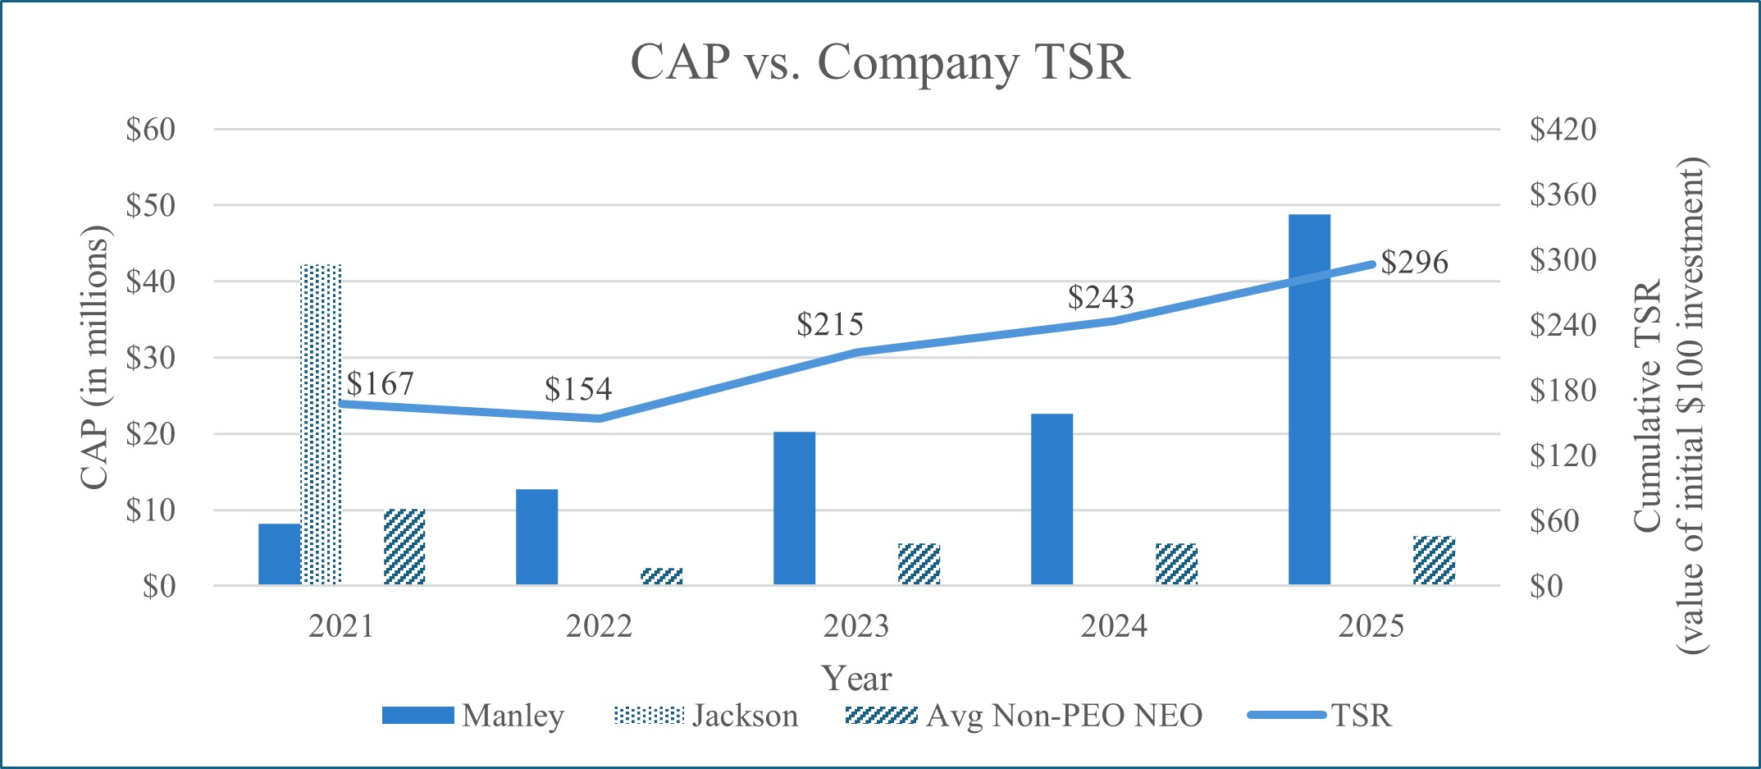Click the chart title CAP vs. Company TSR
pos(880,62)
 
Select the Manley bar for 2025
pos(1309,400)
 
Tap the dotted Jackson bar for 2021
pos(321,424)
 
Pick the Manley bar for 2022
pos(536,537)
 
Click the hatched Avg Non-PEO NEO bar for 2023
pos(919,564)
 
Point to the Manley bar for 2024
pos(1052,499)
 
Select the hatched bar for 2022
pos(661,576)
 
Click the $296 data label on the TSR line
pos(1414,263)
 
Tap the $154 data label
pos(578,389)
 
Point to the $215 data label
pos(830,325)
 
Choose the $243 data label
pos(1101,297)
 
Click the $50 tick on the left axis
pos(151,206)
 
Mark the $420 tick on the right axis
pos(1563,130)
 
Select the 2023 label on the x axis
pos(856,627)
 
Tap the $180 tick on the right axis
pos(1563,391)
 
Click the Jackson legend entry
pos(706,716)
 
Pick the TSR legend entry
pos(1320,716)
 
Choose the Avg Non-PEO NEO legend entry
pos(1024,716)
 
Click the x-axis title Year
pos(856,679)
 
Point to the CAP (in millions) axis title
pos(94,357)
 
